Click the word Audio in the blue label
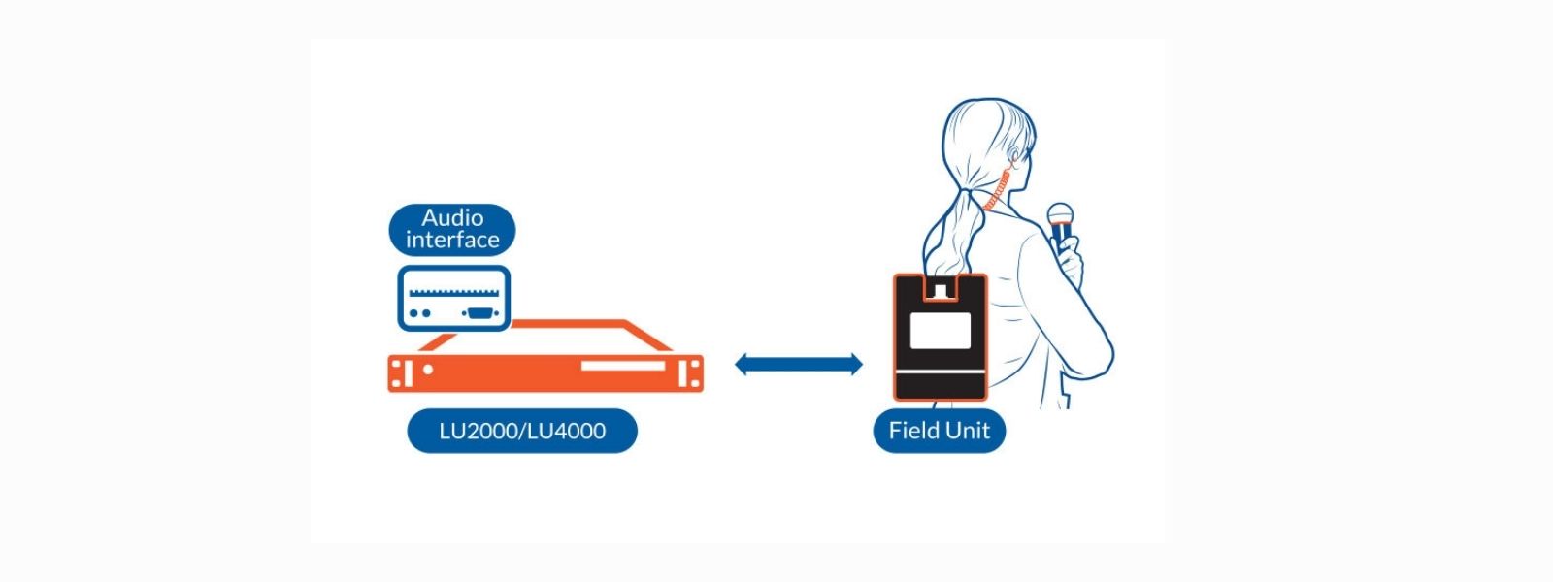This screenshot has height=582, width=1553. click(452, 218)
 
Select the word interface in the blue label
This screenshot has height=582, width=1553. click(452, 240)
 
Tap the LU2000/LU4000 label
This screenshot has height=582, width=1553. click(522, 431)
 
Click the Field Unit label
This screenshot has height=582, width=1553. click(939, 431)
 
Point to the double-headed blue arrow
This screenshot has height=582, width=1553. click(798, 365)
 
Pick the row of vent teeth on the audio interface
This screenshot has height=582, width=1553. click(454, 291)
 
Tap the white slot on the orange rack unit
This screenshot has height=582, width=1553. click(623, 367)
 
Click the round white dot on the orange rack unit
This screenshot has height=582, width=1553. click(428, 370)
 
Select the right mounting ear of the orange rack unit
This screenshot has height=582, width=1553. click(692, 373)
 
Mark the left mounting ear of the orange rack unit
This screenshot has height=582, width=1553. click(399, 373)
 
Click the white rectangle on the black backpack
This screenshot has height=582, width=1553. click(941, 331)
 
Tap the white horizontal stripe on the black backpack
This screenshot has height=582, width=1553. click(940, 372)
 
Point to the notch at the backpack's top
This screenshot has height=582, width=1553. click(940, 288)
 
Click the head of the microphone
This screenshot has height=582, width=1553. click(1059, 214)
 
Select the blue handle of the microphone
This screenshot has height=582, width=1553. click(1061, 236)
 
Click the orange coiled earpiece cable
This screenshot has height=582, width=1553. click(1000, 190)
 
